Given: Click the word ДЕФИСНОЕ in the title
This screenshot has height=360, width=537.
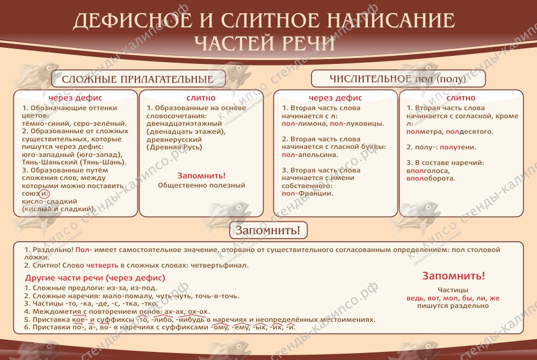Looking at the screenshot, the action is click(x=133, y=20).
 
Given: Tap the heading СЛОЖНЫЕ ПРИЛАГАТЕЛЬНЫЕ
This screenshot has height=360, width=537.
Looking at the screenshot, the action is click(x=137, y=80).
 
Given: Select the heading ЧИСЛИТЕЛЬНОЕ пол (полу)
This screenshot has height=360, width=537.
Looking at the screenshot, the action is click(x=397, y=79).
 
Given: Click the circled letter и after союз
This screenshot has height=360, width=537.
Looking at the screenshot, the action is click(x=45, y=193).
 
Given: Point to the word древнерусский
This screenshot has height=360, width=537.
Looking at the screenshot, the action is click(x=174, y=140).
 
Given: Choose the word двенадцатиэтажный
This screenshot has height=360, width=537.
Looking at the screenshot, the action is click(x=184, y=124).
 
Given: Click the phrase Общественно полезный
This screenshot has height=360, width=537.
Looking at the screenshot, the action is click(x=201, y=185).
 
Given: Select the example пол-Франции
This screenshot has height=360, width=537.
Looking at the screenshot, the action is click(x=307, y=193).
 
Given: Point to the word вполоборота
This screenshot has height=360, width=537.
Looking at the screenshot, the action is click(x=431, y=178).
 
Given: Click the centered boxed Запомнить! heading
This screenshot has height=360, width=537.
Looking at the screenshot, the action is click(x=268, y=230).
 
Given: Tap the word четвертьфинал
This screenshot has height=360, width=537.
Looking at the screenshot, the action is click(x=219, y=265).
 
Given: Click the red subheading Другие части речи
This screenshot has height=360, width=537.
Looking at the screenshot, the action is click(x=65, y=278).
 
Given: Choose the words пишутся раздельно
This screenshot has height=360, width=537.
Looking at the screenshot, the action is click(x=453, y=306).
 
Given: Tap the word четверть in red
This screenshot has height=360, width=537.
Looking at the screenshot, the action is click(x=102, y=265).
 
